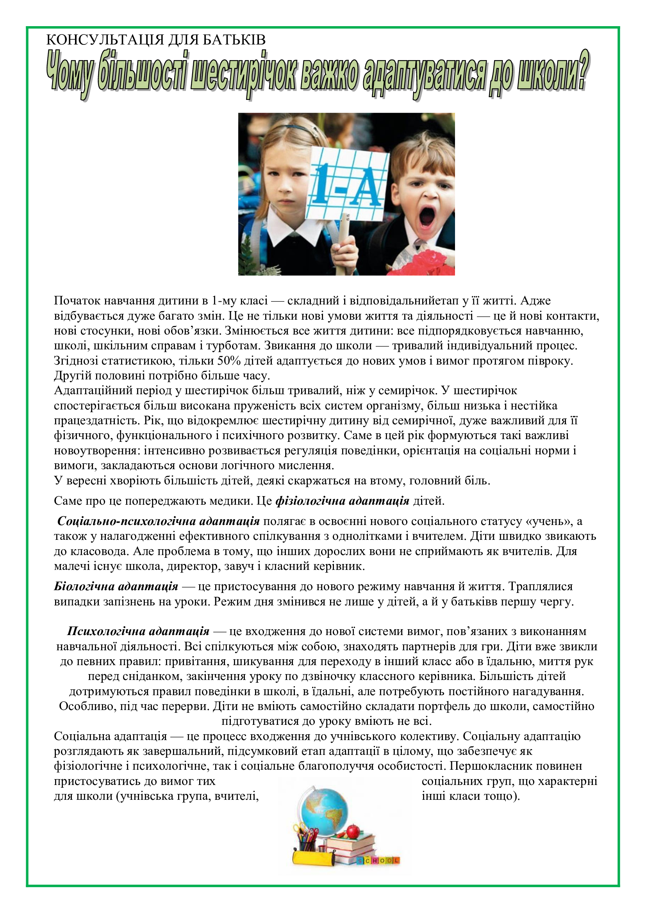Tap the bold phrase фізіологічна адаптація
(342, 501)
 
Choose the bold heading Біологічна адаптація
(116, 587)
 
